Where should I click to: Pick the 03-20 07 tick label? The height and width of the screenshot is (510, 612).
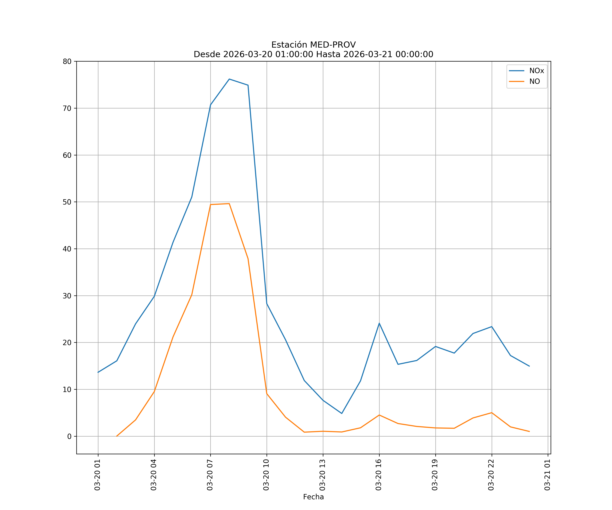click(x=210, y=475)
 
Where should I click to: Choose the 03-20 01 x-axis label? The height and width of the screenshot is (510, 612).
click(x=98, y=475)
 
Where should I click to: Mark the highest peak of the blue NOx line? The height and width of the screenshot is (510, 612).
click(x=229, y=79)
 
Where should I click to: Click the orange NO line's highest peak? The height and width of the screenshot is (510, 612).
click(x=229, y=204)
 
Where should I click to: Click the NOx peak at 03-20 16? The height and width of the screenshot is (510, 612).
click(x=379, y=323)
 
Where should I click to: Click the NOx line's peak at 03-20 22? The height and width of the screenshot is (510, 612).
click(x=492, y=327)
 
